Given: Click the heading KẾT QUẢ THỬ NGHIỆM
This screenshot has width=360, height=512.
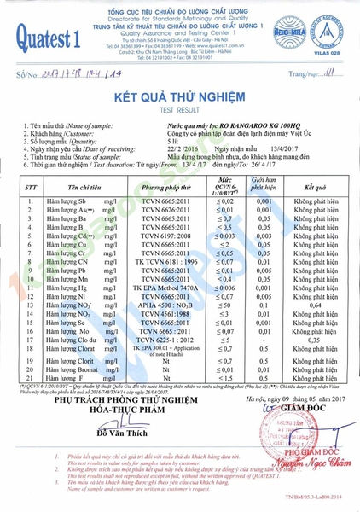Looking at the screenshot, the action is click(179, 97).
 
